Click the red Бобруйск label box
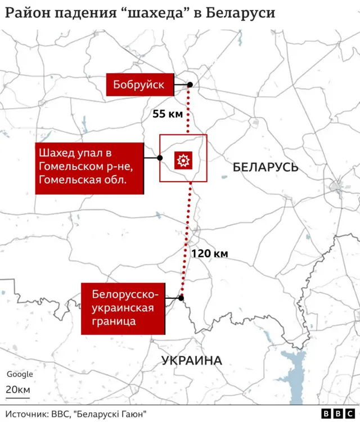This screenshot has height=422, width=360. [x=139, y=85]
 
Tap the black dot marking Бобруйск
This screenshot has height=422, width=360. [x=190, y=85]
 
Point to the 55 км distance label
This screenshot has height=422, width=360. [x=168, y=114]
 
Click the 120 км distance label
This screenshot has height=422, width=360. [x=209, y=253]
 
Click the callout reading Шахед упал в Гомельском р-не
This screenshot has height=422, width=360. [x=88, y=168]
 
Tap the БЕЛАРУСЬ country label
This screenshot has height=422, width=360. [x=265, y=167]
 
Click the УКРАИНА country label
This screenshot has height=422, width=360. [x=192, y=361]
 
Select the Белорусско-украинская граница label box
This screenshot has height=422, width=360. [x=123, y=309]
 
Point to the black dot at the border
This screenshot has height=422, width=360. [x=181, y=298]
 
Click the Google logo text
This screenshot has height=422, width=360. [x=20, y=374]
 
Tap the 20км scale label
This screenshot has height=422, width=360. [x=19, y=390]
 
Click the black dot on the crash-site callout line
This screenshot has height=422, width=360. [x=160, y=159]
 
